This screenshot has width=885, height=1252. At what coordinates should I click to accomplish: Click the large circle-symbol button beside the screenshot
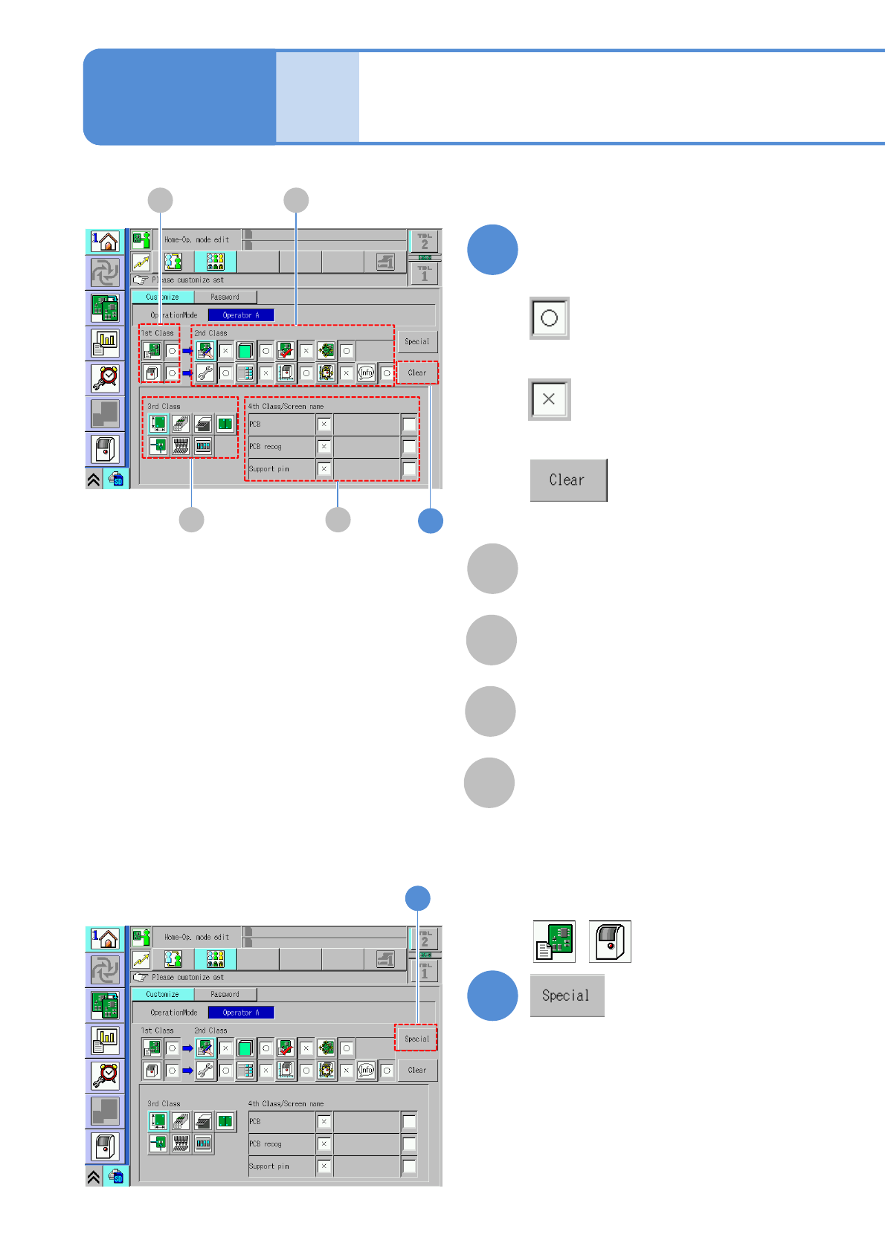click(x=549, y=318)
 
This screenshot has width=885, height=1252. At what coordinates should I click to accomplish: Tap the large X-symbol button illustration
click(x=549, y=399)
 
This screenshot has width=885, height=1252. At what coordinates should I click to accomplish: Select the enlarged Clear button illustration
click(x=568, y=480)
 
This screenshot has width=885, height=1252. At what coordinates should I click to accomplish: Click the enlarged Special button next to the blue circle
click(x=567, y=996)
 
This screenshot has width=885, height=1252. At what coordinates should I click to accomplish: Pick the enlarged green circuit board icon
click(x=554, y=941)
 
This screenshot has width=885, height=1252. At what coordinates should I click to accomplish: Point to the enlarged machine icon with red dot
click(x=610, y=941)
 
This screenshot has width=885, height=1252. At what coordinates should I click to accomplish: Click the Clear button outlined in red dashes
click(x=417, y=372)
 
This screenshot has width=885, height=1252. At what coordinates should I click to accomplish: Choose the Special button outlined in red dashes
click(x=416, y=1039)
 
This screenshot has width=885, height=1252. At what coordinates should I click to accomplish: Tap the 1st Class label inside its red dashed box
click(x=158, y=333)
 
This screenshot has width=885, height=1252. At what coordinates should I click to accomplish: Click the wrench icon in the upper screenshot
click(x=205, y=373)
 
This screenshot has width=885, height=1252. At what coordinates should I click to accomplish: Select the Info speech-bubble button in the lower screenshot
click(x=366, y=1071)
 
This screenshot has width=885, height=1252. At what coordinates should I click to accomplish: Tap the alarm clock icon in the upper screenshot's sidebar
click(x=106, y=378)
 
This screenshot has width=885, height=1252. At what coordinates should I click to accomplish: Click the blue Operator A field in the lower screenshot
click(x=241, y=1013)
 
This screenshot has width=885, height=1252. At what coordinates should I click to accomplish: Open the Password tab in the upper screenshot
click(x=225, y=297)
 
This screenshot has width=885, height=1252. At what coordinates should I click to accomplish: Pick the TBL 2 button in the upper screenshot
click(x=425, y=241)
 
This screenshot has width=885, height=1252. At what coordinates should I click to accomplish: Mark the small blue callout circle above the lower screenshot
click(x=417, y=898)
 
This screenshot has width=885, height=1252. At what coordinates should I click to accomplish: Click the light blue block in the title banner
click(x=318, y=97)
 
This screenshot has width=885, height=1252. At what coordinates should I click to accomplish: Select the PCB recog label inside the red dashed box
click(x=265, y=447)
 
